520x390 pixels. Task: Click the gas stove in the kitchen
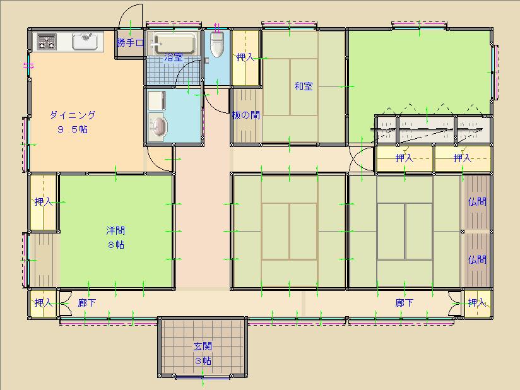click(47, 42)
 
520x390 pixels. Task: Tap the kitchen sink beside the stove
click(85, 42)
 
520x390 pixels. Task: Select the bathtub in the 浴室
click(174, 43)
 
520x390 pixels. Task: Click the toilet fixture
click(217, 45)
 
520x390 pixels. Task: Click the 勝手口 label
click(131, 43)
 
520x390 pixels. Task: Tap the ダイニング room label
click(73, 115)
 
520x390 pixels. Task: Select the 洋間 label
click(115, 230)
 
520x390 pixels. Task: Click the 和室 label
click(304, 86)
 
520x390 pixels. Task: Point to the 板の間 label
click(245, 115)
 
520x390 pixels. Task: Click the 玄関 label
click(203, 346)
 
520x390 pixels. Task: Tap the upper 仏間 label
click(477, 201)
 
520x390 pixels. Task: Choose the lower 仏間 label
click(477, 259)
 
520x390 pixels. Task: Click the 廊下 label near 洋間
click(87, 303)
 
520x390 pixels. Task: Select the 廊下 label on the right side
click(405, 303)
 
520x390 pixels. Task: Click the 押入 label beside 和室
click(245, 57)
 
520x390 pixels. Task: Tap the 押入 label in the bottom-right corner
click(477, 303)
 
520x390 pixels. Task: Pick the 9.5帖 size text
click(73, 129)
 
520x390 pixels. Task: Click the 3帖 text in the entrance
click(203, 361)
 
